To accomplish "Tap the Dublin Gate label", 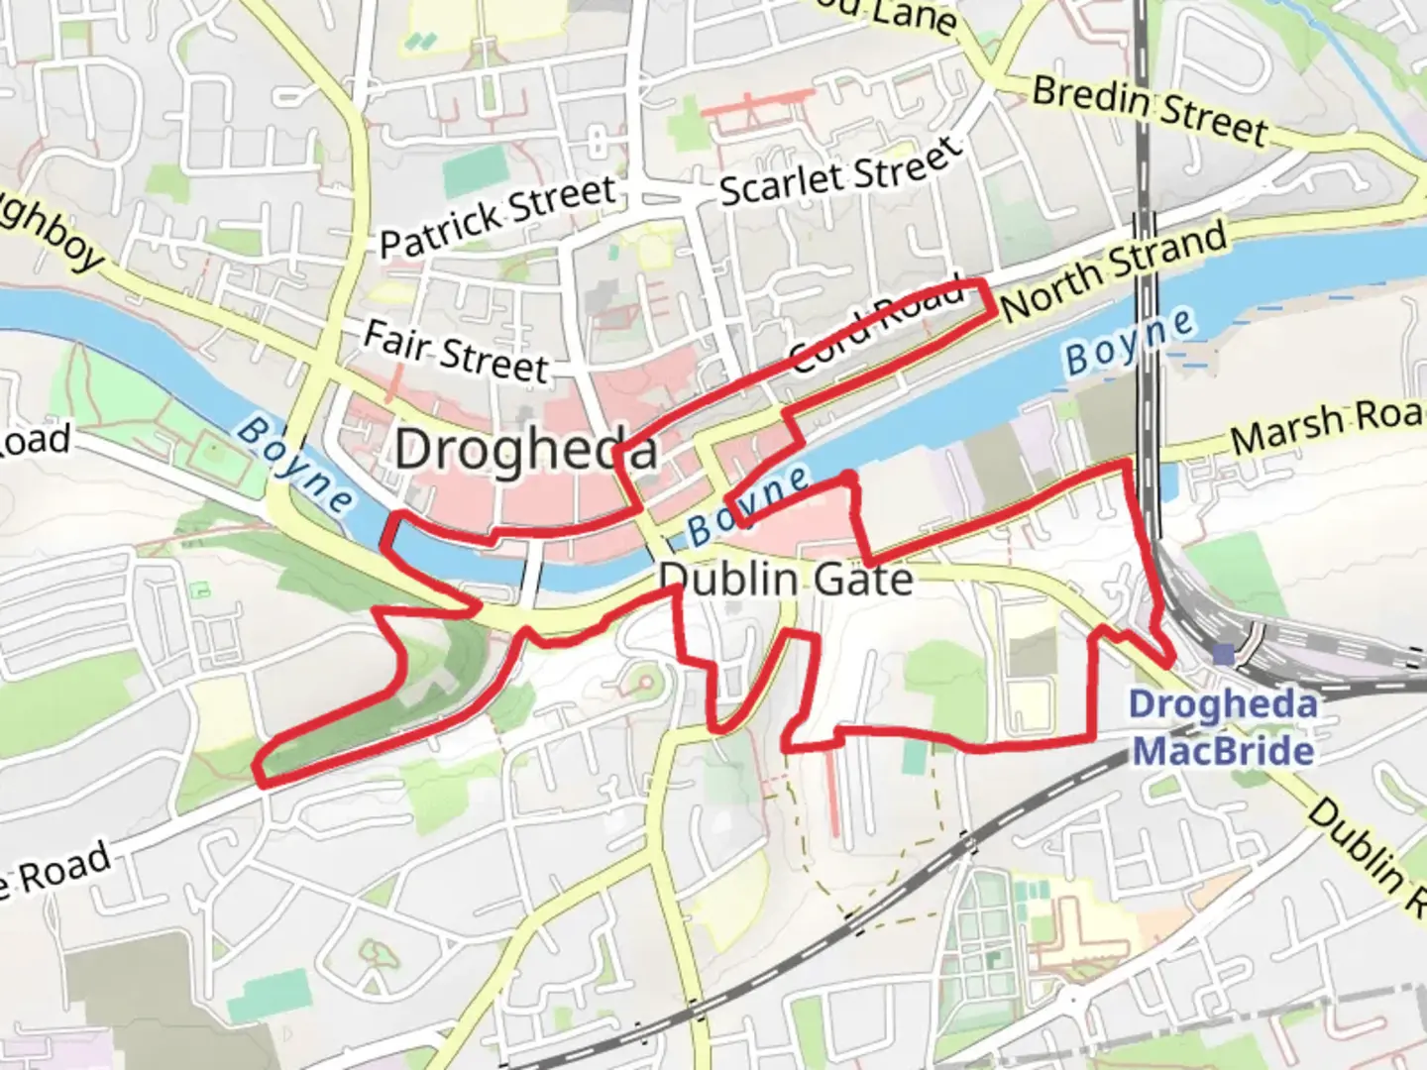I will (785, 579).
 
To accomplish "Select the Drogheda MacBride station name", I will (1224, 727).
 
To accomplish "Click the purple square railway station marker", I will (1224, 654).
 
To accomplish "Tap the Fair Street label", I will (456, 353).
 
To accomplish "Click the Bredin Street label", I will (1150, 110).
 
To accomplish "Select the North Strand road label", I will (1114, 270).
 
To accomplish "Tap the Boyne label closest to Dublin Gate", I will (749, 505).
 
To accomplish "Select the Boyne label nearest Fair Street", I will (294, 464).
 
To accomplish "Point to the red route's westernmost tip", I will (258, 771).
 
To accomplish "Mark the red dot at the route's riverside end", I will (848, 480).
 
